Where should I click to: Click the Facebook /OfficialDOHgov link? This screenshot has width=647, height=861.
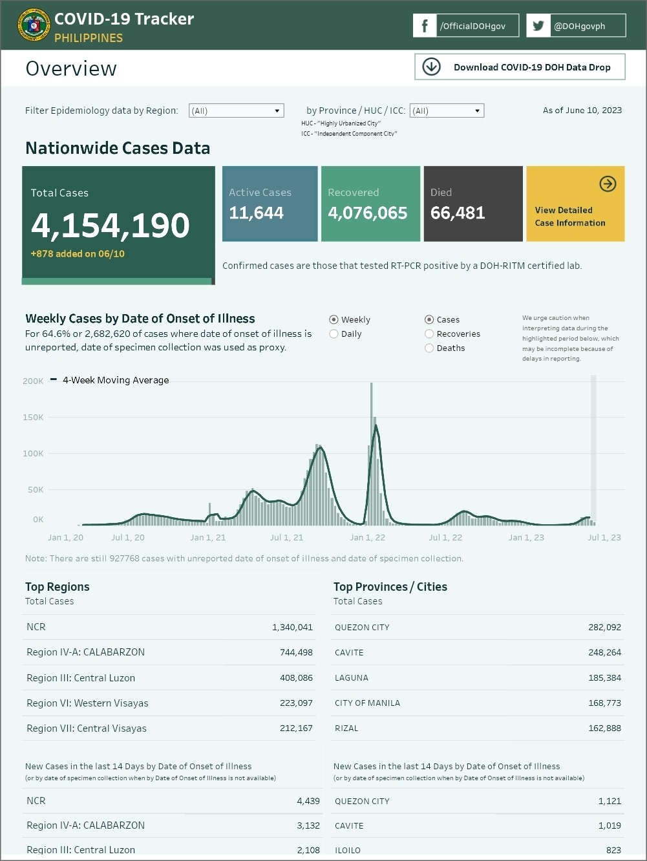tap(465, 26)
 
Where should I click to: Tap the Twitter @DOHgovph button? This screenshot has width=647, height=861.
tap(575, 26)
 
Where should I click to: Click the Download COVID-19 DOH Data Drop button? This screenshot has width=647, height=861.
tap(520, 67)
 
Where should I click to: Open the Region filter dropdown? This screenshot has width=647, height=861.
tap(237, 111)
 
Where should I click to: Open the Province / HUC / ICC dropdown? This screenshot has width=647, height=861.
tap(447, 111)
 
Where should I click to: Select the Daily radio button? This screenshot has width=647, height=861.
tap(334, 334)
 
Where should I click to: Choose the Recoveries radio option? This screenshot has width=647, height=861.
tap(429, 334)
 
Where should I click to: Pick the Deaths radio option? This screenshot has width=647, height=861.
tap(429, 348)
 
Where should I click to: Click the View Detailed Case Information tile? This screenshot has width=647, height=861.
tap(575, 204)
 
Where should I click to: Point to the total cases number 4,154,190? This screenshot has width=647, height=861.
tap(111, 226)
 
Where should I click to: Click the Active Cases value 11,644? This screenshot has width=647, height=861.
tap(257, 213)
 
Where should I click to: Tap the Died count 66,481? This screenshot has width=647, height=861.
tap(458, 213)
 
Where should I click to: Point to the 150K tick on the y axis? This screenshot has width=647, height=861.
tap(34, 418)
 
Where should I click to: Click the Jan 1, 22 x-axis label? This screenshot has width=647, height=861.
tap(367, 538)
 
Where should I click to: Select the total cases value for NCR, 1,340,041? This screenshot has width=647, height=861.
tap(292, 627)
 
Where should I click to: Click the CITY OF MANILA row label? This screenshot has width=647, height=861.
tap(367, 703)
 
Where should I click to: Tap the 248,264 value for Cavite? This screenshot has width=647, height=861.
tap(604, 653)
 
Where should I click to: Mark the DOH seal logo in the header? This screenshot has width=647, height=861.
tap(34, 26)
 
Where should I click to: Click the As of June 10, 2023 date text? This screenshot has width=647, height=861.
tap(582, 111)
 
